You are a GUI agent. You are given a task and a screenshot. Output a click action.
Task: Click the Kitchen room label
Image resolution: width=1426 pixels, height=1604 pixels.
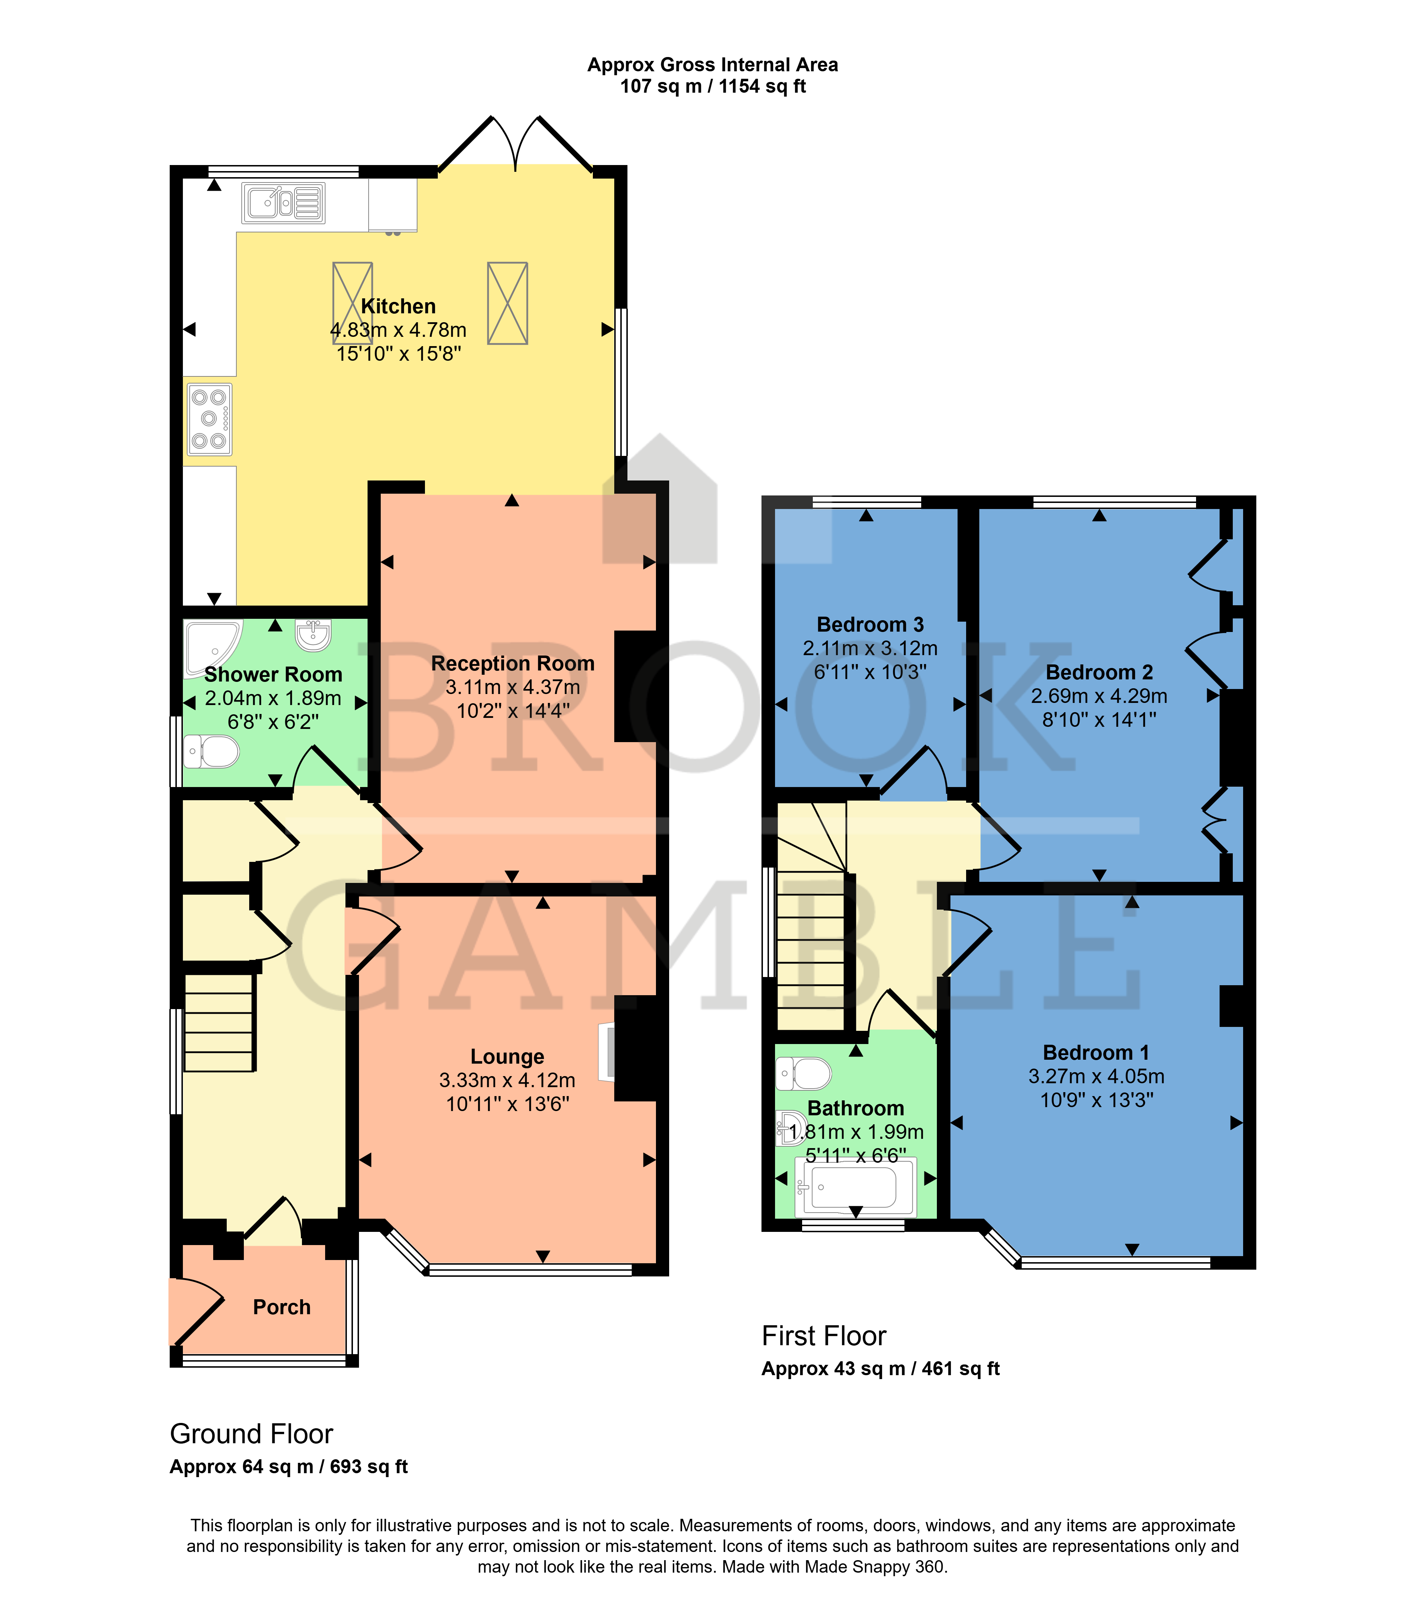tap(398, 306)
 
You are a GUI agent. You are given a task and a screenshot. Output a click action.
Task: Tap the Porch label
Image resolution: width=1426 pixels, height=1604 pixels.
tap(282, 1307)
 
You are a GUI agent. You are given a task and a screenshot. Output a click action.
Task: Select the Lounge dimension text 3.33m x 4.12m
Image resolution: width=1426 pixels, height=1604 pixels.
tap(507, 1080)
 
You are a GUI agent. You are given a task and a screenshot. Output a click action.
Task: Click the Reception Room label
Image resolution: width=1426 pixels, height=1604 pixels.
tap(513, 663)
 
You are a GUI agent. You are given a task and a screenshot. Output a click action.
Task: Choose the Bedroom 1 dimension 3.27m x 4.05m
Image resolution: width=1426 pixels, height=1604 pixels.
tap(1096, 1076)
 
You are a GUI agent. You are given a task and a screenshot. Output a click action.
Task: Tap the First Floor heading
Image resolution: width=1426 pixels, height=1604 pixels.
tap(824, 1336)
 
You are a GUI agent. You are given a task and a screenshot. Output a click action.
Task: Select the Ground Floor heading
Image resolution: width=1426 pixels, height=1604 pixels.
tap(251, 1434)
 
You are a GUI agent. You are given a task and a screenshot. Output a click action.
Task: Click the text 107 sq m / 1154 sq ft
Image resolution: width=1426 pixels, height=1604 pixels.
tap(713, 86)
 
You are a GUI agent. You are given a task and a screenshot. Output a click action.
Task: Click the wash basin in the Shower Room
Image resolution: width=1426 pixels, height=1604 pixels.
tap(313, 635)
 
